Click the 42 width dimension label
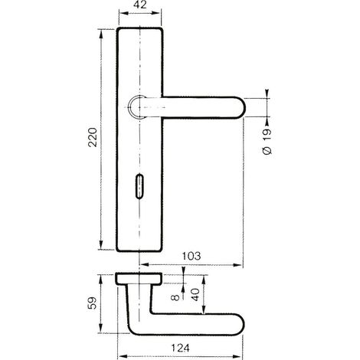click(140, 5)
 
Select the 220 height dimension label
click(93, 137)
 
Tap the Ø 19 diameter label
click(267, 142)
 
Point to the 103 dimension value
click(191, 256)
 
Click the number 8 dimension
click(175, 297)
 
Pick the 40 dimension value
click(195, 294)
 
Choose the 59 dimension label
click(93, 303)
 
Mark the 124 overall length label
click(180, 348)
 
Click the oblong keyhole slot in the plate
click(139, 186)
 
